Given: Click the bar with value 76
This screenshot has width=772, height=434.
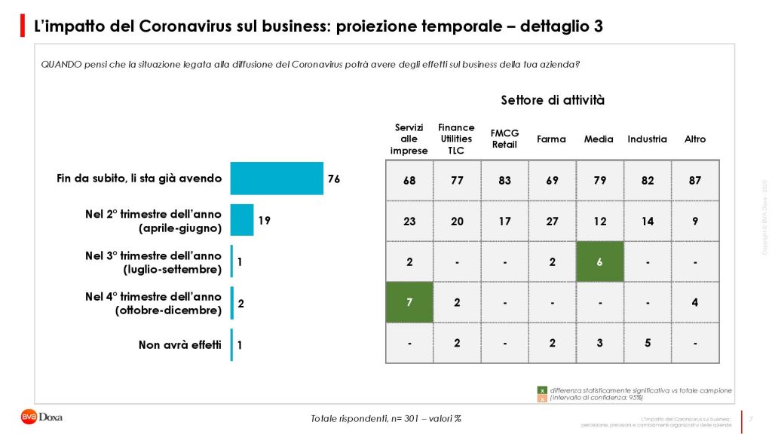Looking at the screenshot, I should (276, 179).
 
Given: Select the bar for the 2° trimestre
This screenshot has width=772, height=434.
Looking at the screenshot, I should (242, 220).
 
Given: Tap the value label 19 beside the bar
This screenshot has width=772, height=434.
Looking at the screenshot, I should (264, 221).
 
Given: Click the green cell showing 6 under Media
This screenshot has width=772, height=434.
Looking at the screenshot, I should (599, 261).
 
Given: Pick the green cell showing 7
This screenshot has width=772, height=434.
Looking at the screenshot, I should (409, 302).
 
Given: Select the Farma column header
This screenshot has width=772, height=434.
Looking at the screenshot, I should (551, 139).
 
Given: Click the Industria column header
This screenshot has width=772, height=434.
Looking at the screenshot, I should (647, 139).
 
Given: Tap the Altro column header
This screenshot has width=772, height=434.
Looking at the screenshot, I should (694, 139).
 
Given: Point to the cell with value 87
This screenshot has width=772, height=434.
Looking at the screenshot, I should (694, 180).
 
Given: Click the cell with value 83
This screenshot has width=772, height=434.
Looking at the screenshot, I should (504, 180).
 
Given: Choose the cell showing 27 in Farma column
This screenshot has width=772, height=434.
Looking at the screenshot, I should (552, 221).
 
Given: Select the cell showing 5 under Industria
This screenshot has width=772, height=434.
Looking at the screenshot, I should (647, 343).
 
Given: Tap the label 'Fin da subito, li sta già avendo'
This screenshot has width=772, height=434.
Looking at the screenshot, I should (139, 179).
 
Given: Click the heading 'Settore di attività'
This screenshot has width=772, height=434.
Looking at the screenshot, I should (552, 100).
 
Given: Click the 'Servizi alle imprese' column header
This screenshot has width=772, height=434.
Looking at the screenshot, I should (409, 139).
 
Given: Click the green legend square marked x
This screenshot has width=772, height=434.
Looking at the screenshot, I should (541, 390).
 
